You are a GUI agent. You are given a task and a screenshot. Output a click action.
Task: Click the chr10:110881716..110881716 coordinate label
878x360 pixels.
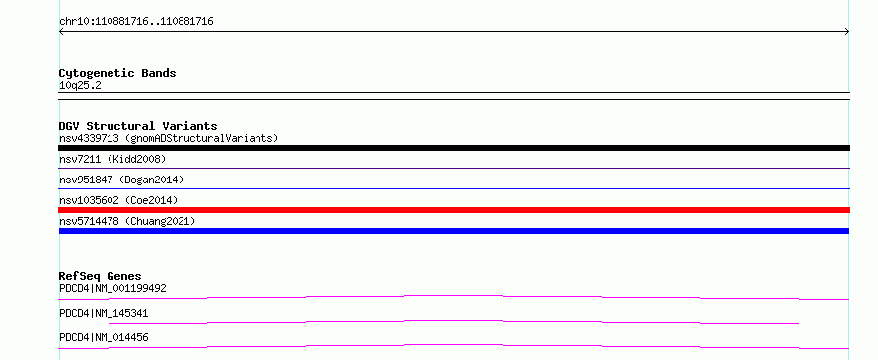click(x=136, y=22)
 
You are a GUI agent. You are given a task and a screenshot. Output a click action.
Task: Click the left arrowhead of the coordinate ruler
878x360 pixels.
click(x=61, y=32)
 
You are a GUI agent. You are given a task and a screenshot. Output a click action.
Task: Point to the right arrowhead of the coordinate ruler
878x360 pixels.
click(x=847, y=32)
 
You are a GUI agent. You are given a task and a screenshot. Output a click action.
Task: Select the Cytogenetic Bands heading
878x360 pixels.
click(x=117, y=73)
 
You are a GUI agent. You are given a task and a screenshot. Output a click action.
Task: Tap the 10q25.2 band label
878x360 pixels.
click(x=80, y=86)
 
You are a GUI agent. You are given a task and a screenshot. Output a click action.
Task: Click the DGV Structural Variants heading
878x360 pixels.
click(x=138, y=126)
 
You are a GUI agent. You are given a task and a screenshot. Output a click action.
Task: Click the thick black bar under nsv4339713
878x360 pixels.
click(x=454, y=148)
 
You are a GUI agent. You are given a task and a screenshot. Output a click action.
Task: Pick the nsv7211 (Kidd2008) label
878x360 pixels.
click(x=112, y=159)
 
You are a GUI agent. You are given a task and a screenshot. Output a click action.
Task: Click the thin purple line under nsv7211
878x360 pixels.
click(x=454, y=168)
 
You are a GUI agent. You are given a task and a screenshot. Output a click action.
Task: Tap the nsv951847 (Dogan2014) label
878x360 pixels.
click(x=121, y=180)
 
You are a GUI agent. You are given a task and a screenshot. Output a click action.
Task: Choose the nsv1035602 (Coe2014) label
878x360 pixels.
click(x=118, y=200)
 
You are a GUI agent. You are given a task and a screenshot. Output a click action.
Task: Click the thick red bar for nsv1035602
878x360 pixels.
click(x=454, y=210)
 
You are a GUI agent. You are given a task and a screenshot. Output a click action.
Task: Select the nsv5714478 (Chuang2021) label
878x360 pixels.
click(x=127, y=221)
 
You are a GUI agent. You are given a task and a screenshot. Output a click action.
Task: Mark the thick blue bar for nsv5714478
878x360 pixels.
click(x=454, y=231)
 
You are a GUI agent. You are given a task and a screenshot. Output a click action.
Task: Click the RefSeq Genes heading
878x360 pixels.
click(x=101, y=276)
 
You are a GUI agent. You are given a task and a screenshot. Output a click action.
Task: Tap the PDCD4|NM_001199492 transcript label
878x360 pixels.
click(x=112, y=288)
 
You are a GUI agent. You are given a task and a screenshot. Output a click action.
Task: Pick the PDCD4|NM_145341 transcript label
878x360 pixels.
click(x=104, y=313)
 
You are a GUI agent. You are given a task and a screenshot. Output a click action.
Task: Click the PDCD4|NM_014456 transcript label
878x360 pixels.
click(x=104, y=337)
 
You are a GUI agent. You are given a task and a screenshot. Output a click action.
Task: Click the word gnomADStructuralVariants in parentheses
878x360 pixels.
click(x=201, y=138)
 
